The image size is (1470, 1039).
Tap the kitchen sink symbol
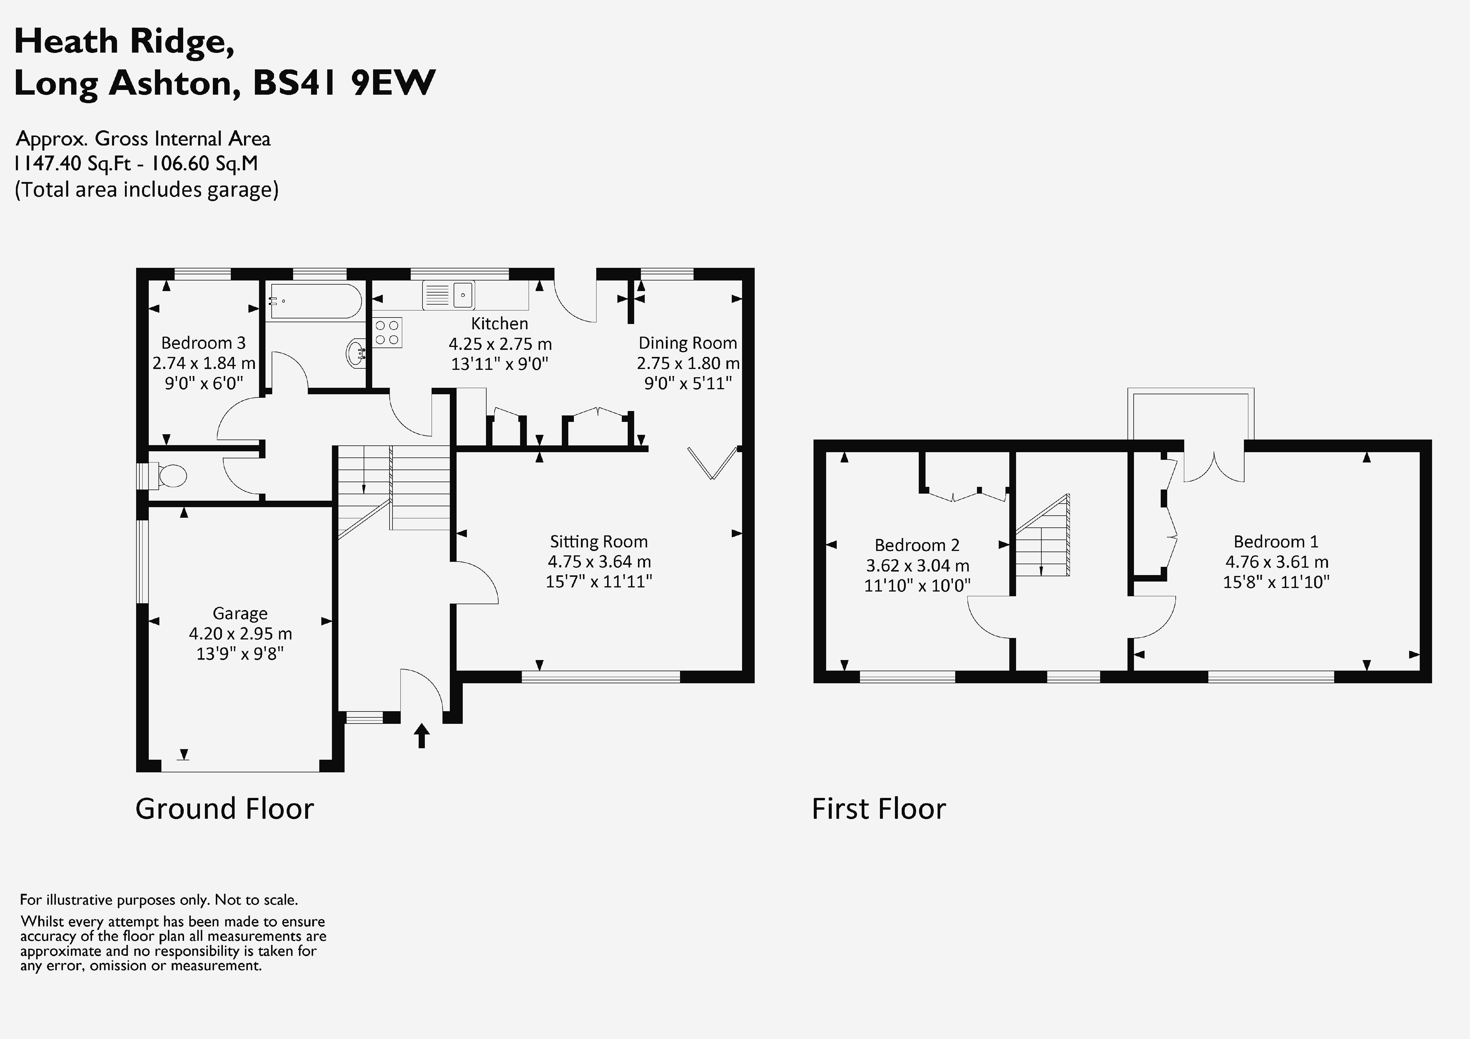point(448,295)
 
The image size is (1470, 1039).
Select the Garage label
point(240,613)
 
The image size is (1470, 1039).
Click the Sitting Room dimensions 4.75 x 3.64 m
point(599,562)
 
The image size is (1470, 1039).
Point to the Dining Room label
point(688,343)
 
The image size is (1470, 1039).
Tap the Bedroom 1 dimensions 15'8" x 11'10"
point(1276,582)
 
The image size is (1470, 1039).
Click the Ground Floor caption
point(225,809)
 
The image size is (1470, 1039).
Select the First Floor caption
point(878,809)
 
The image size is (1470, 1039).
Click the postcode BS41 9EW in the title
point(344,83)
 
